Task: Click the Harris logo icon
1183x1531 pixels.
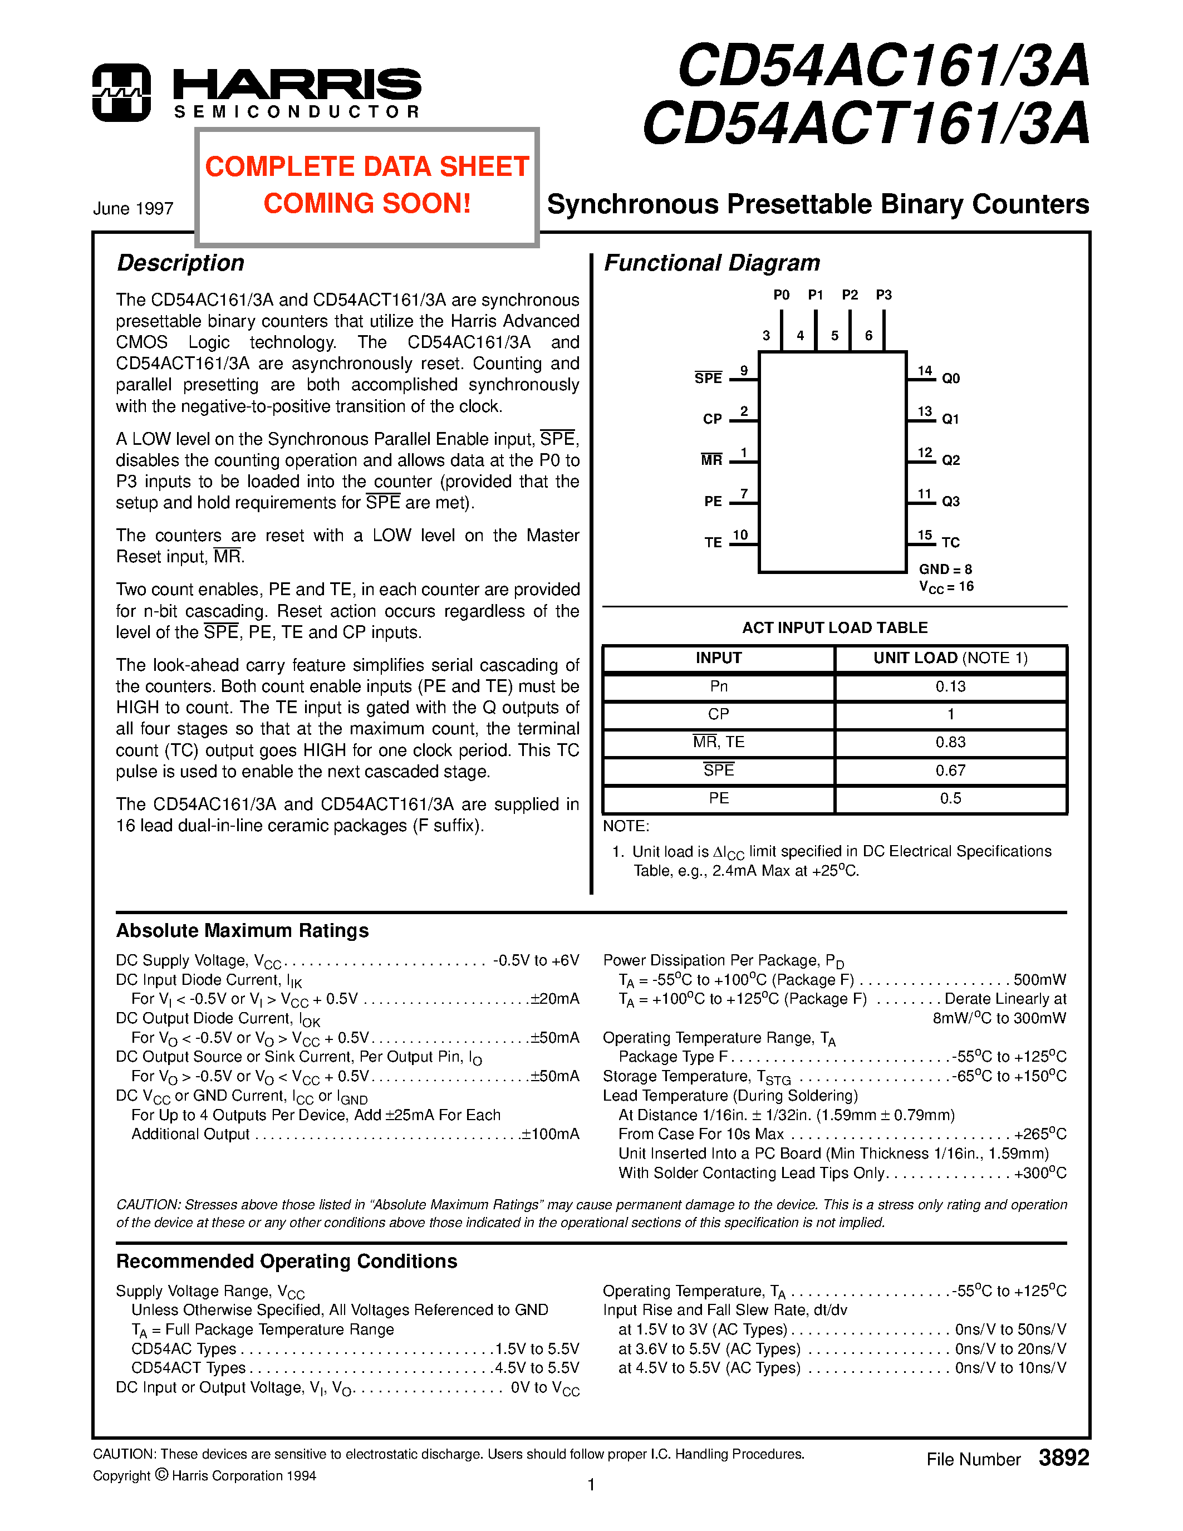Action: [x=121, y=92]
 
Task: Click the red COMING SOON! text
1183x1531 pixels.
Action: [x=366, y=204]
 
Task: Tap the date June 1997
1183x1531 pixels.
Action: [x=133, y=209]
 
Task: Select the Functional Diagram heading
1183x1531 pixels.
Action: [x=711, y=263]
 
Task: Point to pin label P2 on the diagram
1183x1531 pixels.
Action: [x=850, y=295]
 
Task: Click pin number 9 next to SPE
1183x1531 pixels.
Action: [x=744, y=371]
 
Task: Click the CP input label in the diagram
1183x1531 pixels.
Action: [x=712, y=419]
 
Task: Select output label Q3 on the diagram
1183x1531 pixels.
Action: [x=950, y=501]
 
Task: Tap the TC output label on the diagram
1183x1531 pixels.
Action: [x=950, y=543]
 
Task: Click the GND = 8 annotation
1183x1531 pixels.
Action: [x=945, y=569]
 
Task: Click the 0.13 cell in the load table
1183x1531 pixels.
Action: [x=950, y=686]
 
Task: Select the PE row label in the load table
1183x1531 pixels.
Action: [x=718, y=798]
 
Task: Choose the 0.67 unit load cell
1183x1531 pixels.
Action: [x=950, y=771]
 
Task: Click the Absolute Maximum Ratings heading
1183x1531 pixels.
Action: [x=243, y=931]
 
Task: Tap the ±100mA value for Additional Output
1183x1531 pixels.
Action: [x=550, y=1134]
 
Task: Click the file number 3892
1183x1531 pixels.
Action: [x=1063, y=1458]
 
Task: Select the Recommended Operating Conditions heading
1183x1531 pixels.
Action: [x=287, y=1262]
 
